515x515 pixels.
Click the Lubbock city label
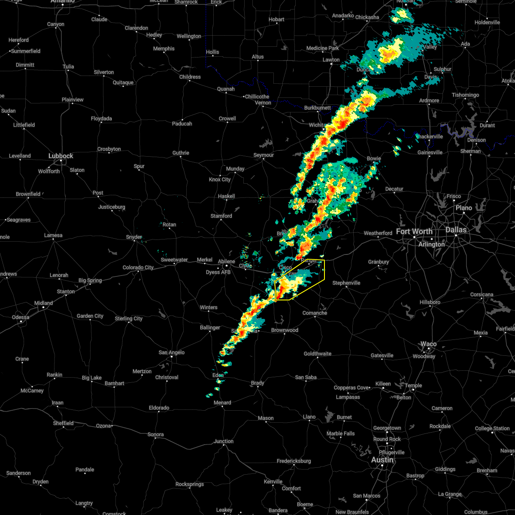pyautogui.click(x=61, y=156)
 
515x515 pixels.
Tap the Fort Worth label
pyautogui.click(x=414, y=231)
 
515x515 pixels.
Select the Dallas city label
pyautogui.click(x=456, y=230)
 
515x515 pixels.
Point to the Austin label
pyautogui.click(x=382, y=460)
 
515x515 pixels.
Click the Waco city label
pyautogui.click(x=428, y=344)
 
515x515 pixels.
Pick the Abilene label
pyautogui.click(x=226, y=261)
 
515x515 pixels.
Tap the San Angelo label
pyautogui.click(x=171, y=352)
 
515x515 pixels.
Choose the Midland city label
pyautogui.click(x=43, y=303)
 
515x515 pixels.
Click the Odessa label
pyautogui.click(x=20, y=317)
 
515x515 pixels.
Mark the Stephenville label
pyautogui.click(x=346, y=283)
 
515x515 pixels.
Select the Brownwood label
pyautogui.click(x=285, y=330)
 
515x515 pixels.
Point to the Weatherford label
pyautogui.click(x=378, y=233)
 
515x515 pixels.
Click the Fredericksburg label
pyautogui.click(x=294, y=461)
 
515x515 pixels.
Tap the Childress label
pyautogui.click(x=190, y=77)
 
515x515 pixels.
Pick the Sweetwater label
pyautogui.click(x=174, y=260)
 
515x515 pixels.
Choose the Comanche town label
pyautogui.click(x=315, y=313)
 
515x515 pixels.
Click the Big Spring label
pyautogui.click(x=90, y=280)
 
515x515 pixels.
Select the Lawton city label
pyautogui.click(x=331, y=60)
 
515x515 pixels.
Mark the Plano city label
pyautogui.click(x=463, y=208)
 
